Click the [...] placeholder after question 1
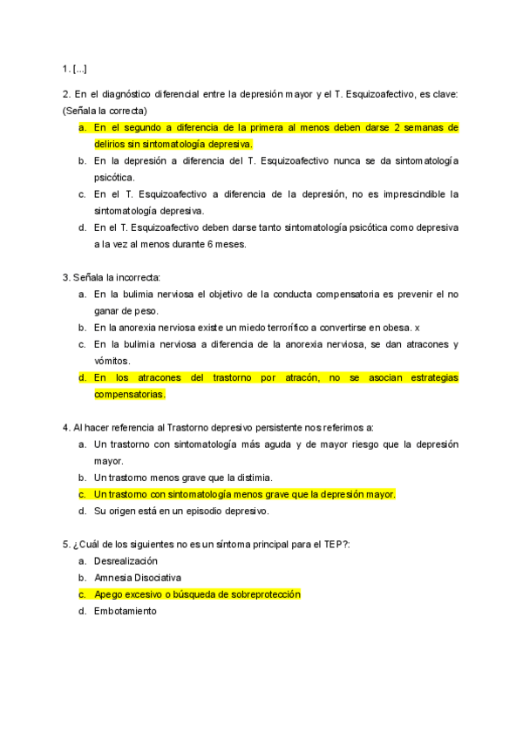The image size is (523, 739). tap(79, 69)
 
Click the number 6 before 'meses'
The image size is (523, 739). tap(212, 244)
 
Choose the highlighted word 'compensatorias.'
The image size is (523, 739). tap(130, 395)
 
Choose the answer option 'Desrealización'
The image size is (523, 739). tap(126, 561)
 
